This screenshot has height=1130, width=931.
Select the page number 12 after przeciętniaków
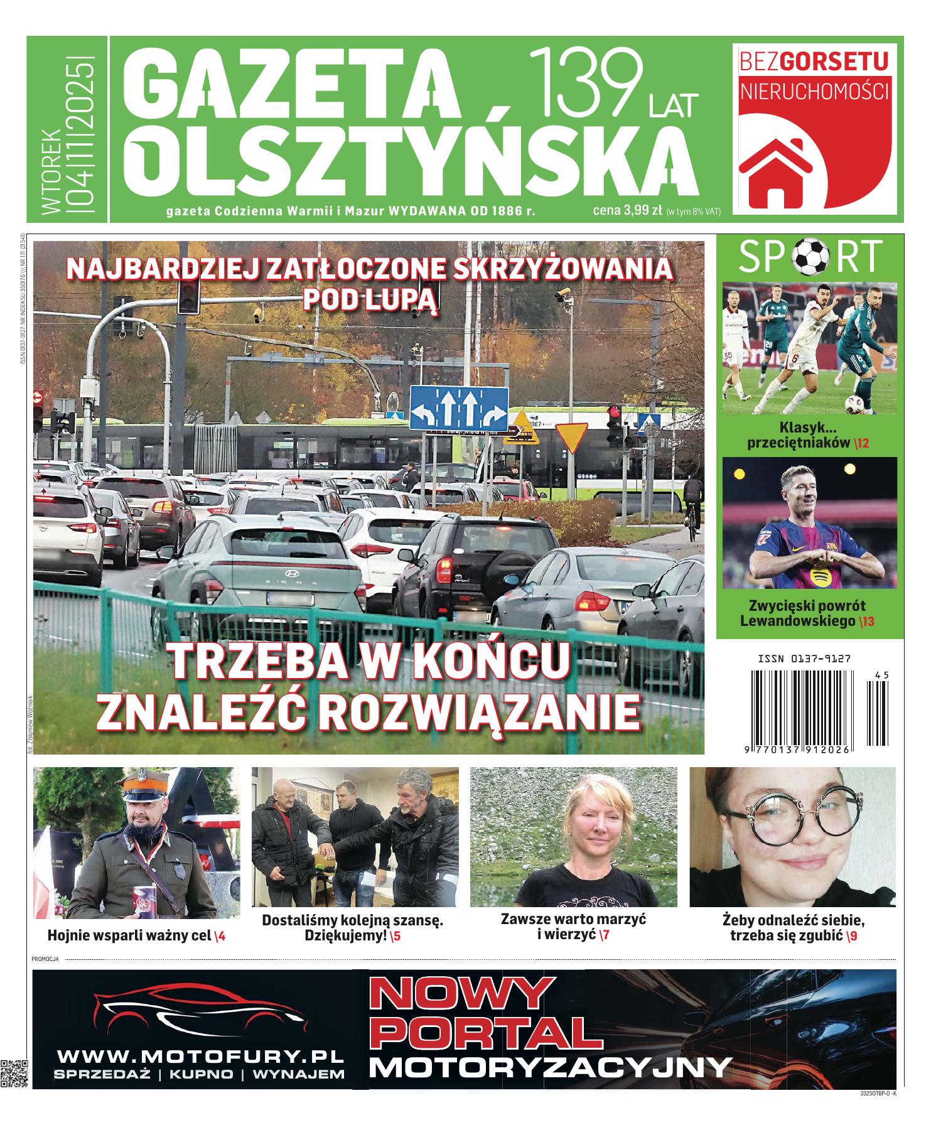click(x=861, y=443)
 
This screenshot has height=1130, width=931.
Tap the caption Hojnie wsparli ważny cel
click(x=129, y=935)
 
